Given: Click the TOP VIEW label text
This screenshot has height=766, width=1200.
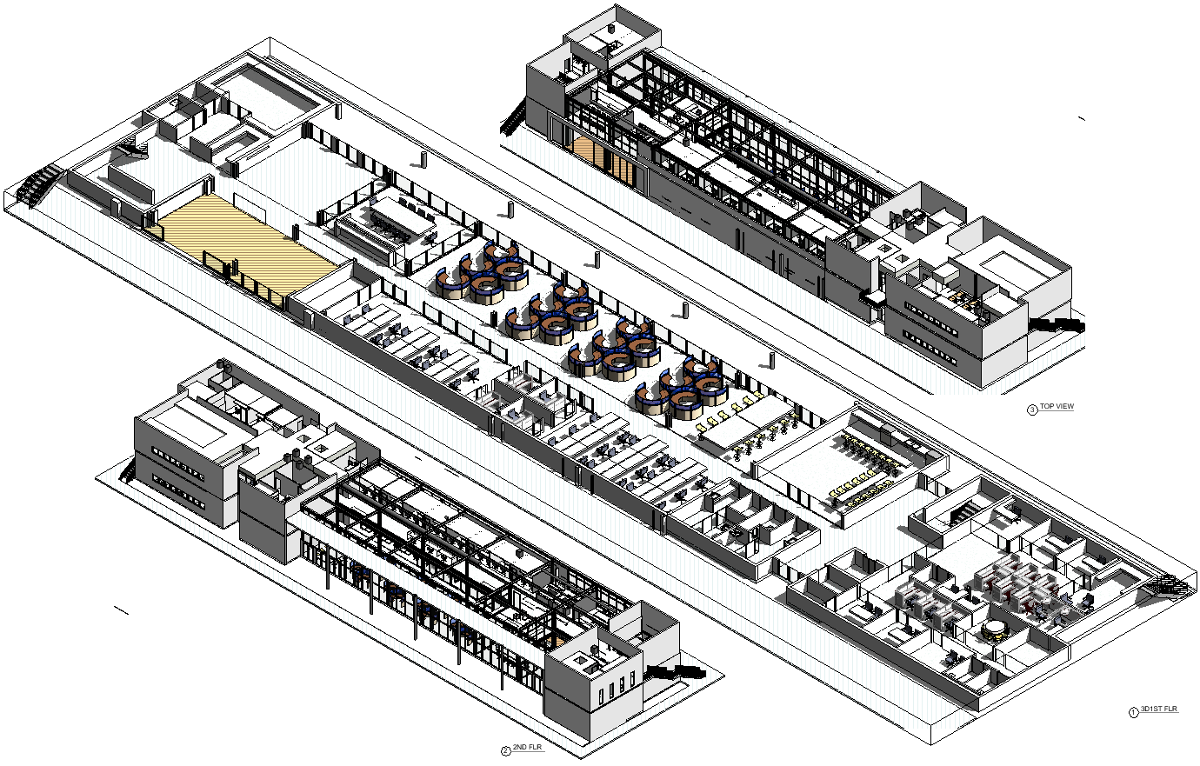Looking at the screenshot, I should click(1057, 407).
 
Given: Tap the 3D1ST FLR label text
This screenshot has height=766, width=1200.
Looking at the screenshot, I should click(1159, 710).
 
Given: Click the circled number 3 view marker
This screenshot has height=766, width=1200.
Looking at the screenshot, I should click(1032, 410).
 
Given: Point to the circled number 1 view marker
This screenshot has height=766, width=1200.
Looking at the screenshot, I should click(1132, 713).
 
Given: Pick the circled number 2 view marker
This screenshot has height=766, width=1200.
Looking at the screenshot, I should click(505, 750).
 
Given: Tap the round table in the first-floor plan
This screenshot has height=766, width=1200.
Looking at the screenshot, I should click(994, 628).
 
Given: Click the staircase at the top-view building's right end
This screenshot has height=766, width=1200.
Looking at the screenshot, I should click(1057, 325).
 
